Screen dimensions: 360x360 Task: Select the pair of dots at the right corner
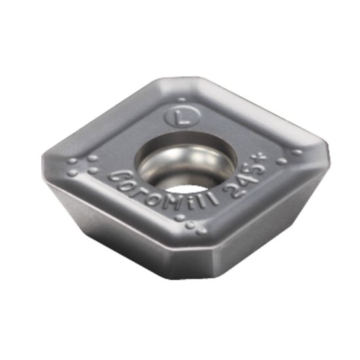pos(288,156)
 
